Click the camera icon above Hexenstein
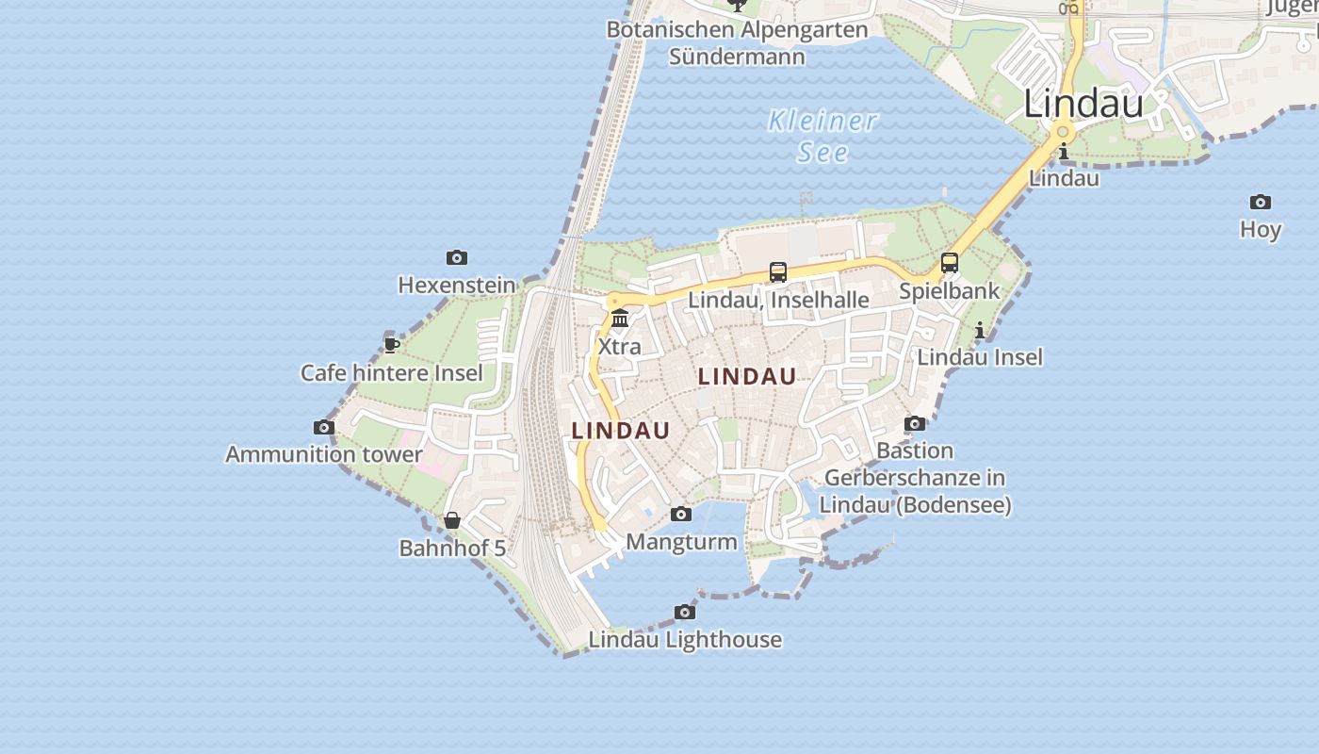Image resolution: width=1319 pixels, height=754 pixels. [457, 257]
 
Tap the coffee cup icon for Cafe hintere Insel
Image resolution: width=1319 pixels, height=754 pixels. [392, 345]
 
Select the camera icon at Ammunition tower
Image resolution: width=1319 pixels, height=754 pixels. [324, 427]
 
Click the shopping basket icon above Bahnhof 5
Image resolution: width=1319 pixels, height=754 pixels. [452, 520]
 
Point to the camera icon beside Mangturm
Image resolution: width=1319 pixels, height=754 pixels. [681, 514]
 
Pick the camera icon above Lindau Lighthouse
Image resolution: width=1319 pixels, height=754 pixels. [685, 612]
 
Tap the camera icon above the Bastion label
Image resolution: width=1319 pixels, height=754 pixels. [915, 423]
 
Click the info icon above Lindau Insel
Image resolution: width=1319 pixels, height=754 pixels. [980, 330]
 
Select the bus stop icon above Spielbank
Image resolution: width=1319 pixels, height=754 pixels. [950, 263]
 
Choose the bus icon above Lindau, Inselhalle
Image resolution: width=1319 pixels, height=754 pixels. [778, 272]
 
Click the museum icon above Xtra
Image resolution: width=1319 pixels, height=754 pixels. [620, 318]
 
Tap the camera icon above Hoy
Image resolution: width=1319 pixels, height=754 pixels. [1261, 202]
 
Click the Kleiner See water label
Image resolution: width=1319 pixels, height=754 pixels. [822, 136]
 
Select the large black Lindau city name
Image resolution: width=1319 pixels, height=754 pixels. [1083, 104]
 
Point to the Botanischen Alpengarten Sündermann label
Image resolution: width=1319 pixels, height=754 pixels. [737, 42]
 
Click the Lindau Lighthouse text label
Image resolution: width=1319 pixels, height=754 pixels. [685, 639]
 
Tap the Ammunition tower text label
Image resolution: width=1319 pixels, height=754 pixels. [324, 454]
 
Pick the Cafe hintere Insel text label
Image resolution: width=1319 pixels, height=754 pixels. [392, 372]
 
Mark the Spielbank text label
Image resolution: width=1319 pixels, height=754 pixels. [950, 290]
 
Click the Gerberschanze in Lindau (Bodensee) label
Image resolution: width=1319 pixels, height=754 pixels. [915, 491]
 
